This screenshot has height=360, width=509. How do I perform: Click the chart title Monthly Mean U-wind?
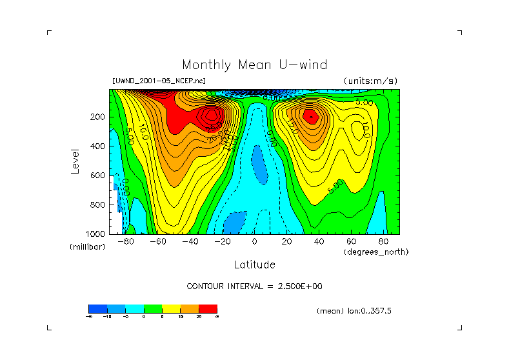254,65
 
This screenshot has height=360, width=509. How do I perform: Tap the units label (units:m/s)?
370,81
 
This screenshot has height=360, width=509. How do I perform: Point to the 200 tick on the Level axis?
98,117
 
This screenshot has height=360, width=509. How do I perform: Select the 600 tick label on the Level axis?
98,175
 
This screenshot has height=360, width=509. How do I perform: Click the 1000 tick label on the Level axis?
96,234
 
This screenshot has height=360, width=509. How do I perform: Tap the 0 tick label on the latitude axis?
255,241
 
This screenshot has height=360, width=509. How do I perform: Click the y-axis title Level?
76,160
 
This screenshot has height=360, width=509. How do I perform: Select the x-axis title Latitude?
254,265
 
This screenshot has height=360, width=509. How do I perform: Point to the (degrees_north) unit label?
377,252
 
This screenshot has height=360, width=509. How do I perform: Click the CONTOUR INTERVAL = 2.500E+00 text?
254,286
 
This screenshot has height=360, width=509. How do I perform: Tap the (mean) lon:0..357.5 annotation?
354,310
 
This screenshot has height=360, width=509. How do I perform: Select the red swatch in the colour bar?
208,308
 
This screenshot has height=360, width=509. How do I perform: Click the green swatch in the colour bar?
152,308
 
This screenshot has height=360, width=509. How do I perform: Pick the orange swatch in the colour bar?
189,308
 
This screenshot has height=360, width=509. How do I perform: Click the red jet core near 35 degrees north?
310,116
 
